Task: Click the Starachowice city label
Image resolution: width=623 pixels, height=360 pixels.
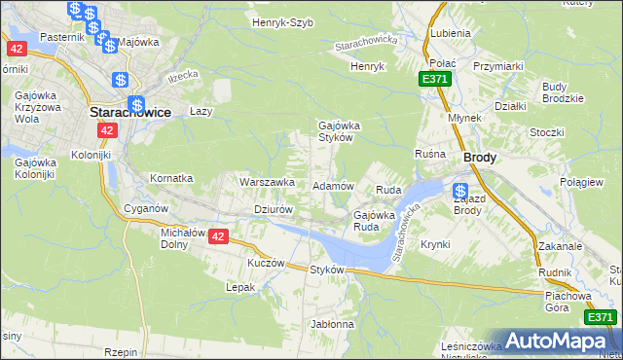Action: click(130, 112)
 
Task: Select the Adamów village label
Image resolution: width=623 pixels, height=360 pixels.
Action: click(332, 185)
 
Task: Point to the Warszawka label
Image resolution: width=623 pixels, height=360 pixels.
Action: click(267, 181)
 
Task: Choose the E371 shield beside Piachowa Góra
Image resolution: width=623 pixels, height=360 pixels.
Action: click(601, 317)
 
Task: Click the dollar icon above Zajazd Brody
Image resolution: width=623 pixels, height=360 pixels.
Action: click(460, 191)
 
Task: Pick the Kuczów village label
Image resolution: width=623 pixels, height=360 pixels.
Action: click(266, 263)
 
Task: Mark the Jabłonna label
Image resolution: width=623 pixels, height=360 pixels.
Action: click(332, 323)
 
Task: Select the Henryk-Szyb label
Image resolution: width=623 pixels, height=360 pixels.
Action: click(282, 22)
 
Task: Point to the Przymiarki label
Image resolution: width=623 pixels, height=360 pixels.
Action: click(498, 65)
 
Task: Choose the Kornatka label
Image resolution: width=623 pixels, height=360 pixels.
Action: click(171, 179)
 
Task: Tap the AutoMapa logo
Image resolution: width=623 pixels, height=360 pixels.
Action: click(557, 341)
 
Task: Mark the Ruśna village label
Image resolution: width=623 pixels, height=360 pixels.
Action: click(429, 154)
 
